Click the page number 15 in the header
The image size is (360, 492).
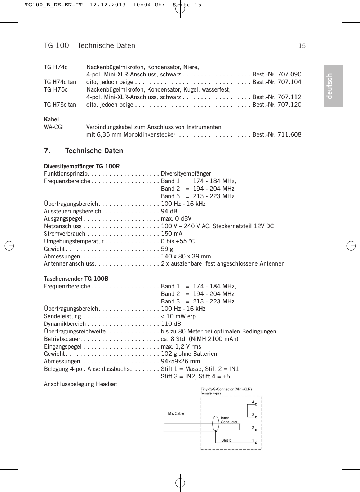[x=302, y=46]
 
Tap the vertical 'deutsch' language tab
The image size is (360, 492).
[x=333, y=86]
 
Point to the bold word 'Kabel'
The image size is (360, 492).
[x=51, y=119]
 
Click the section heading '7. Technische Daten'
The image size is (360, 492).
[x=83, y=151]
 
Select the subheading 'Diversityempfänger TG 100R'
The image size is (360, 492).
[x=82, y=166]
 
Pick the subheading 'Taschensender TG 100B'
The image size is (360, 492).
[x=76, y=279]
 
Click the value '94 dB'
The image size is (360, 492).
[x=169, y=211]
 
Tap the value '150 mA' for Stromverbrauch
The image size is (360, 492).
[x=172, y=234]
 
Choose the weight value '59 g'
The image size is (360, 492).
[x=167, y=249]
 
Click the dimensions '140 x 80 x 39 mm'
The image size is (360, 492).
[x=186, y=256]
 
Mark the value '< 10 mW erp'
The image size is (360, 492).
[x=178, y=316]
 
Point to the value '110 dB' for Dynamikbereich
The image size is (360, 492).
[x=171, y=324]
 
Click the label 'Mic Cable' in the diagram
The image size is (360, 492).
[x=176, y=413]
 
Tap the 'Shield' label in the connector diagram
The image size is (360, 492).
[x=226, y=440]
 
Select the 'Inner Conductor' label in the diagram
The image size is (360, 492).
[x=229, y=420]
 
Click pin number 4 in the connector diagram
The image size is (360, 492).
[x=253, y=402]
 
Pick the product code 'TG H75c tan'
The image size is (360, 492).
[x=60, y=105]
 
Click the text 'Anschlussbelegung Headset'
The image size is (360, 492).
[x=80, y=384]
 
